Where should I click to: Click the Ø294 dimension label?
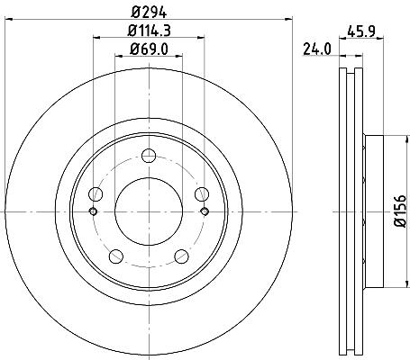(149, 12)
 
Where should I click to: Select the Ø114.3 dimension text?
(149, 31)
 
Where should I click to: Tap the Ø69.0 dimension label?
(149, 49)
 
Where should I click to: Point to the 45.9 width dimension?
(361, 31)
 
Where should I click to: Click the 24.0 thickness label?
(316, 49)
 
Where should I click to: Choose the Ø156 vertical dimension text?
(400, 211)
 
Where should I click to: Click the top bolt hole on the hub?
(149, 156)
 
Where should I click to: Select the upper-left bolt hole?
(96, 194)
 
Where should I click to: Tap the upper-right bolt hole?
(202, 194)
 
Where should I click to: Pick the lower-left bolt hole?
(116, 256)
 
